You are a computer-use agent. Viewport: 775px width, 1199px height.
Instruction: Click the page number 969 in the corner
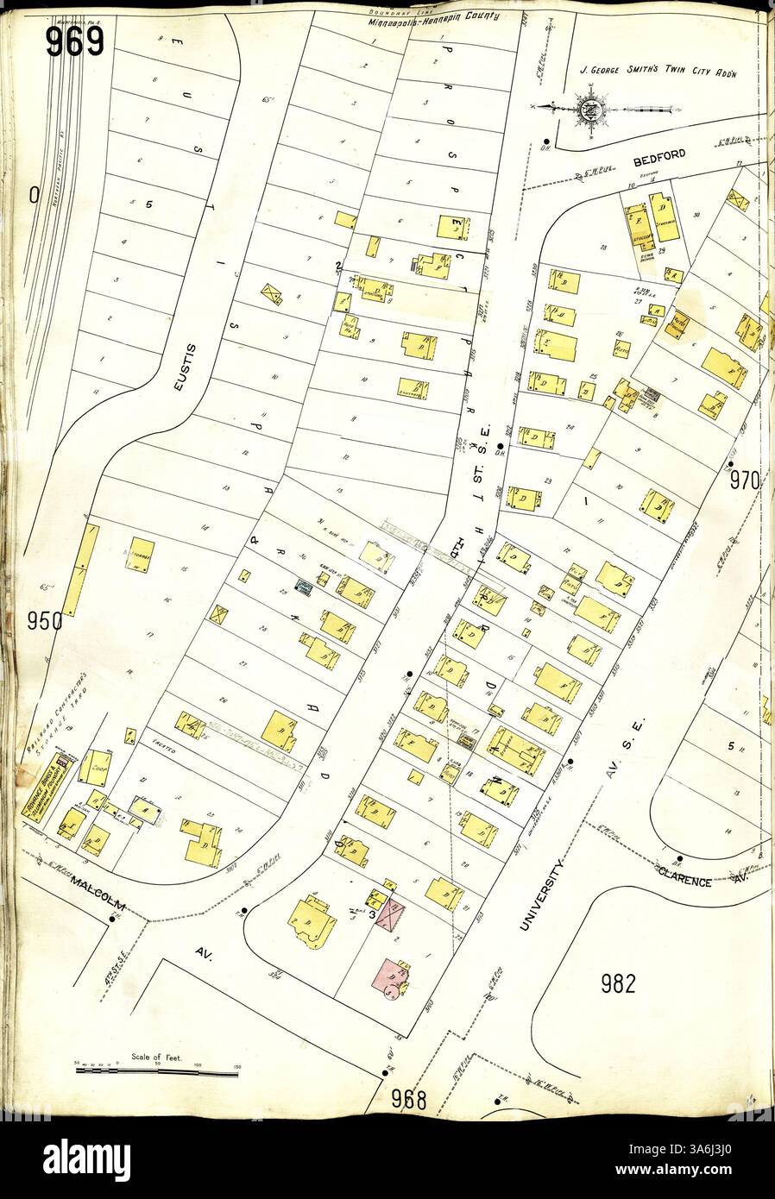(x=74, y=40)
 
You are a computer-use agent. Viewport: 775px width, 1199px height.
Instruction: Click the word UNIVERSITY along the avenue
(x=542, y=897)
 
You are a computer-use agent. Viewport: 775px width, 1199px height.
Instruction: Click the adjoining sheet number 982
(x=618, y=982)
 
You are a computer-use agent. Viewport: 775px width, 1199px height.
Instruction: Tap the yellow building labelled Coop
(x=97, y=766)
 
